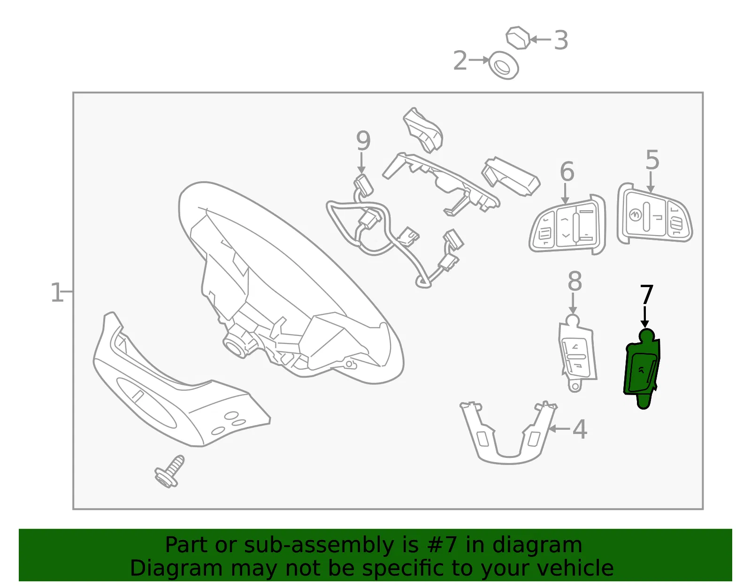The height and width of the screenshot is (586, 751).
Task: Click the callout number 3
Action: point(560,40)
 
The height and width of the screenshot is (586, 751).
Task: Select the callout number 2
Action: point(460,61)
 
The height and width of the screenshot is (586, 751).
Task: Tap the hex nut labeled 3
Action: point(518,38)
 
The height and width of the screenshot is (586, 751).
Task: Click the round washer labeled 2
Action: point(504,66)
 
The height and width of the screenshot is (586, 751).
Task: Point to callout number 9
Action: point(363,141)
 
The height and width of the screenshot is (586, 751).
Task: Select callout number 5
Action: point(652,160)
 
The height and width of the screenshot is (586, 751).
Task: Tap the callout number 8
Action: point(575,281)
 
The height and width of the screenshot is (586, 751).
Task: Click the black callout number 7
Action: point(646,295)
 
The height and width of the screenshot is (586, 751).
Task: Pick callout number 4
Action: point(580,430)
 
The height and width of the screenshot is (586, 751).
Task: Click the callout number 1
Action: point(57,292)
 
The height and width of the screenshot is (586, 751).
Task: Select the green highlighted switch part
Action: point(642,368)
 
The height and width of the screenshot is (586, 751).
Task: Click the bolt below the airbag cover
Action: point(170,472)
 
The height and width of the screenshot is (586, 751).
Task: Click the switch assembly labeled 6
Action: point(567,225)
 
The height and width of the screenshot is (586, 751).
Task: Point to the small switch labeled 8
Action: point(577,353)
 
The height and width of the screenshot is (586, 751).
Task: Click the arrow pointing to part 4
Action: point(559,429)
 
